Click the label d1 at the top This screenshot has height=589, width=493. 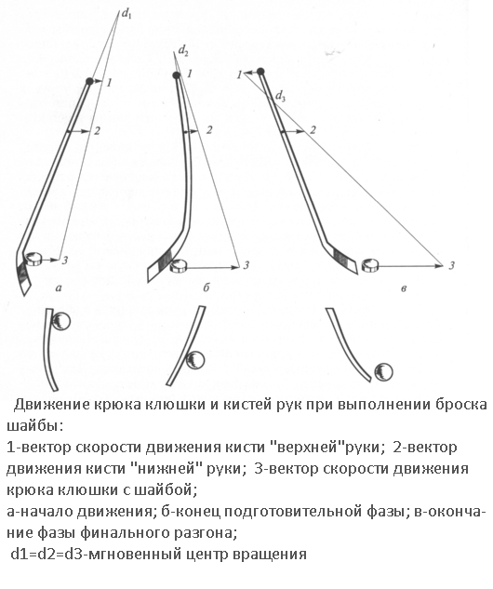[x=127, y=14]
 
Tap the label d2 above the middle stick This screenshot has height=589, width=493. [x=183, y=50]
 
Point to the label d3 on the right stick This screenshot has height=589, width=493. [x=281, y=97]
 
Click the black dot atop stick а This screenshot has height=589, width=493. [x=89, y=81]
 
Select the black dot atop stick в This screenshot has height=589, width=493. [x=260, y=72]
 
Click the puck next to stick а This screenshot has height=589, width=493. [x=33, y=260]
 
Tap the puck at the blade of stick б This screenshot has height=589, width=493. [x=179, y=266]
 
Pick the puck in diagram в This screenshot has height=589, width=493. [x=370, y=265]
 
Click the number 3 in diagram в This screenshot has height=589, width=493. [x=451, y=265]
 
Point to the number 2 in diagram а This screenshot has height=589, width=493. [x=98, y=130]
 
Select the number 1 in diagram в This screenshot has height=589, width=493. [x=239, y=75]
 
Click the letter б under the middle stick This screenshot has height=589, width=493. [x=206, y=288]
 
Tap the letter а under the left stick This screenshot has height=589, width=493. [x=58, y=288]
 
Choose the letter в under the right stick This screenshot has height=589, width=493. [x=404, y=288]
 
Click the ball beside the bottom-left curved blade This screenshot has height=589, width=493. [x=60, y=322]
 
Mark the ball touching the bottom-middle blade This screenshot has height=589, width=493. [x=195, y=360]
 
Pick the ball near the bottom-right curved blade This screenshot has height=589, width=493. [x=384, y=372]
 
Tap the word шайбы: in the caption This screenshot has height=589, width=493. [x=35, y=427]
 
